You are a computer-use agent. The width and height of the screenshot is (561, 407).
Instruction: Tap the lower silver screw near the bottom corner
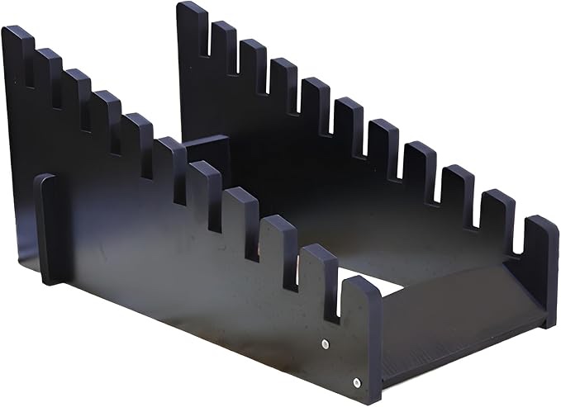[356, 381]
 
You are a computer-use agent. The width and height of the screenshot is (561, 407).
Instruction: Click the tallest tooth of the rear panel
[193, 21]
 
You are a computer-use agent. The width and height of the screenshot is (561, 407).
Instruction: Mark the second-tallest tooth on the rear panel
[223, 37]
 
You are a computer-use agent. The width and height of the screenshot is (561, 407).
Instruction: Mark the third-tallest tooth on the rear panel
[253, 54]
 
